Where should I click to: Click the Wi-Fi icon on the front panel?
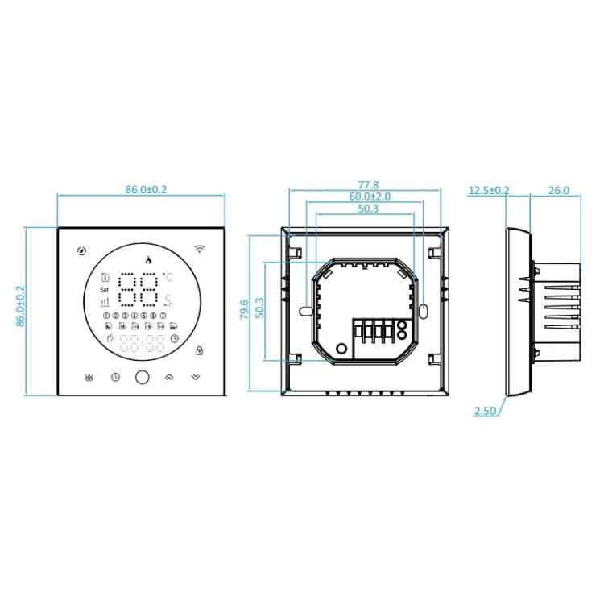click(x=199, y=250)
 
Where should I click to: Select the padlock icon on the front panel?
click(x=198, y=350)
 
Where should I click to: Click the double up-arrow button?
click(x=169, y=376)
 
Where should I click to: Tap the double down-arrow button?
click(x=197, y=376)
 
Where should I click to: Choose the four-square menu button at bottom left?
click(x=88, y=376)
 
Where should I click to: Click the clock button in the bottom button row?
click(x=115, y=376)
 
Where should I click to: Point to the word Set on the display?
click(x=103, y=289)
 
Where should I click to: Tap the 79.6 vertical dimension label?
click(x=245, y=311)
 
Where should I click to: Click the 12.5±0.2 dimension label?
click(x=489, y=191)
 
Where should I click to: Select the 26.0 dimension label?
click(x=557, y=191)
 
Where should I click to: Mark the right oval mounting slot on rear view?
click(x=424, y=310)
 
